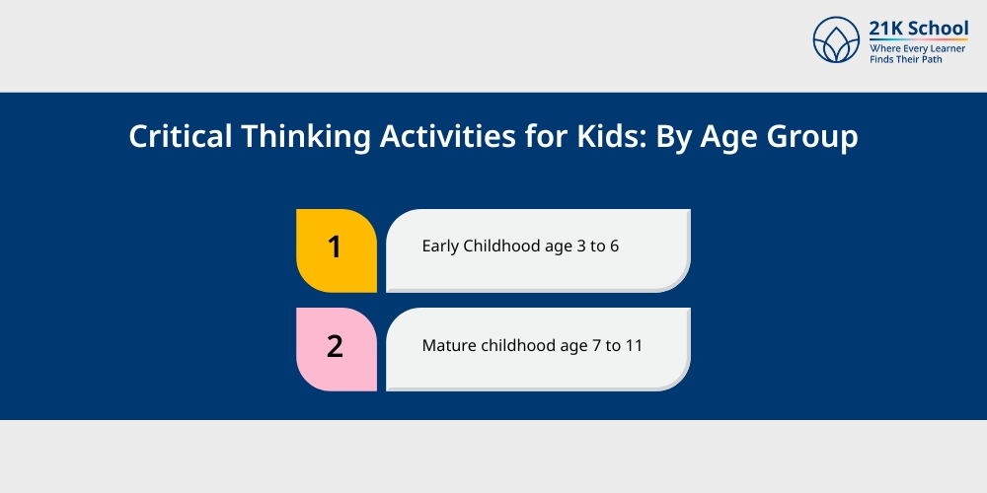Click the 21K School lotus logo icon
click(836, 39)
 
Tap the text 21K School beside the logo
click(918, 29)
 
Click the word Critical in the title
click(180, 136)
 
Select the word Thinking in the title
click(305, 137)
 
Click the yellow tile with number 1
click(337, 250)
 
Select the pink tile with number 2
click(337, 349)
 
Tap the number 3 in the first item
click(580, 246)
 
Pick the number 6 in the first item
click(614, 246)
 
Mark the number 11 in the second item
click(634, 346)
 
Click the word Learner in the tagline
click(947, 48)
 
